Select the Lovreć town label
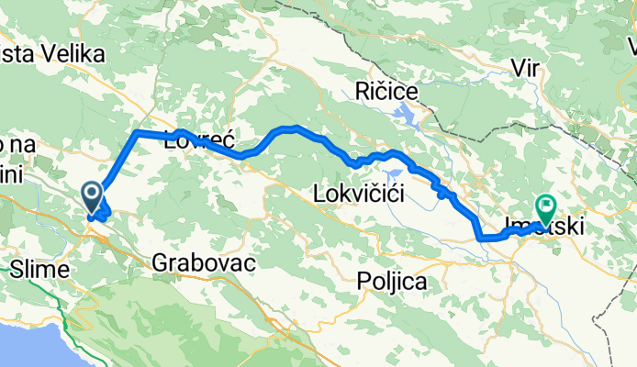[200, 141]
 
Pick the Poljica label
[393, 283]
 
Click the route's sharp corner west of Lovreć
[137, 133]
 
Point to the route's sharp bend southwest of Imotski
[479, 238]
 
